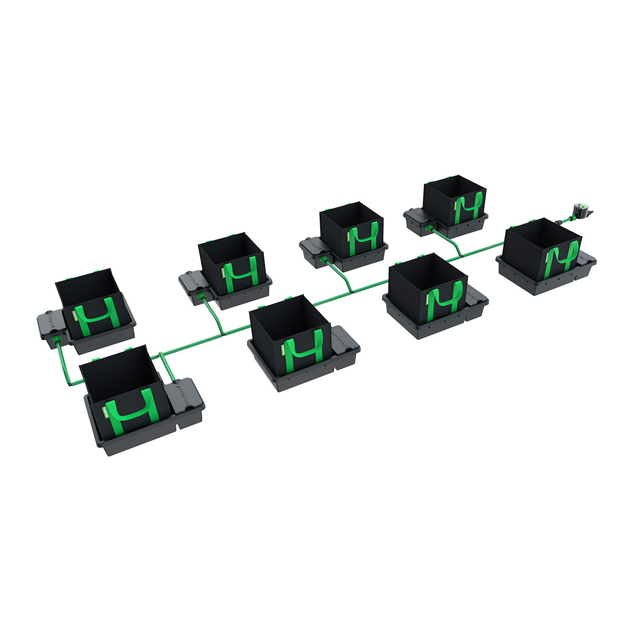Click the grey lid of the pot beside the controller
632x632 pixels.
[586, 259]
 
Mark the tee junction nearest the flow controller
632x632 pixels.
[461, 255]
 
